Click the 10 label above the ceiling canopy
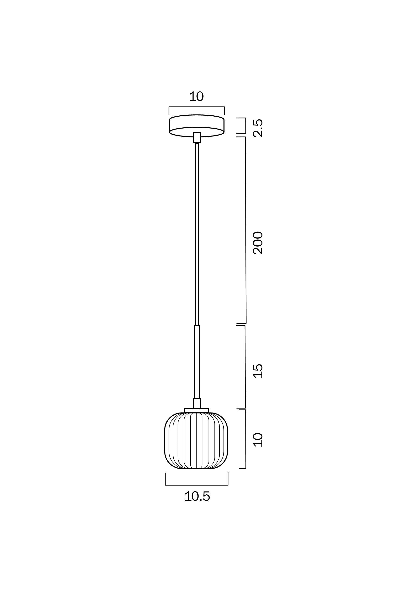(x=196, y=96)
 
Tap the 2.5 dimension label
(x=258, y=128)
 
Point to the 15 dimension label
(x=258, y=371)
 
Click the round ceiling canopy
(x=197, y=126)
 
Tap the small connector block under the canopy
(x=197, y=138)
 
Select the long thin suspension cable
(x=197, y=234)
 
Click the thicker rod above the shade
(x=197, y=362)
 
